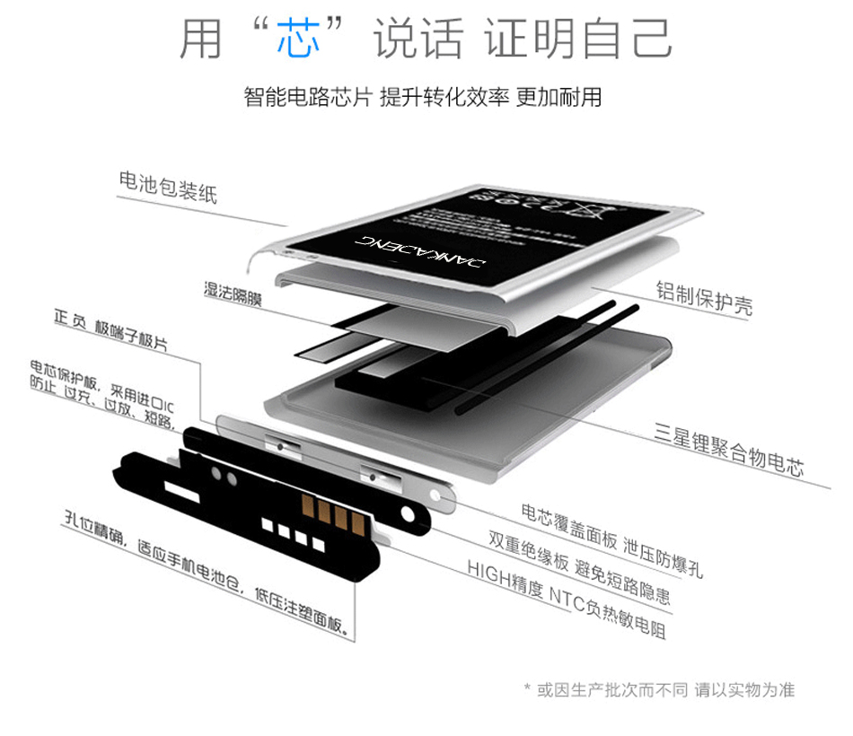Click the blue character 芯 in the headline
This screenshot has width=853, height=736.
click(x=299, y=38)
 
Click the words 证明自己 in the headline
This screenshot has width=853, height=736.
click(x=578, y=38)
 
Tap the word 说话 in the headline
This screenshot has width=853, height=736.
click(x=418, y=38)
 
